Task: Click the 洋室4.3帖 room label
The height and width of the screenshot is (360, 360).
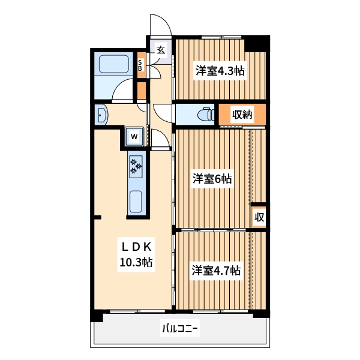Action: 220,71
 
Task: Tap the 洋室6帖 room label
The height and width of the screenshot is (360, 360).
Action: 212,179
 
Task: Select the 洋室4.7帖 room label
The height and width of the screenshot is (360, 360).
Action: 216,271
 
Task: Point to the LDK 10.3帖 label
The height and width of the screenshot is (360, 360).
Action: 136,254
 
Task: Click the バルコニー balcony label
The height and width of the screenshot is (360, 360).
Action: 180,328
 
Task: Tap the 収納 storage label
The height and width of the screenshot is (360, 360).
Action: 242,114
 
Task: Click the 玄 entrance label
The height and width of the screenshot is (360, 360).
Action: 161,50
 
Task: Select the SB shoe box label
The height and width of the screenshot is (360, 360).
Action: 140,65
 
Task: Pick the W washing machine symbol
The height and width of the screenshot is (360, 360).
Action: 134,137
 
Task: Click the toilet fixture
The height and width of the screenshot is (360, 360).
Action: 206,114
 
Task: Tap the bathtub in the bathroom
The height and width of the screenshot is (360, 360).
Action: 113,64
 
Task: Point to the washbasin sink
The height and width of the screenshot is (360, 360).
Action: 101,115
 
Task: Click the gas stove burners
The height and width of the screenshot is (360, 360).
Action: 136,167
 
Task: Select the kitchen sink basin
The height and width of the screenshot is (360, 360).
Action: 136,202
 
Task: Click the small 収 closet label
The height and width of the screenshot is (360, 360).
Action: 259,217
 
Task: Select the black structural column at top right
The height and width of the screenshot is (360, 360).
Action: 257,44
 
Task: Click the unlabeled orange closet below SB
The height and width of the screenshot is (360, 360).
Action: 142,90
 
